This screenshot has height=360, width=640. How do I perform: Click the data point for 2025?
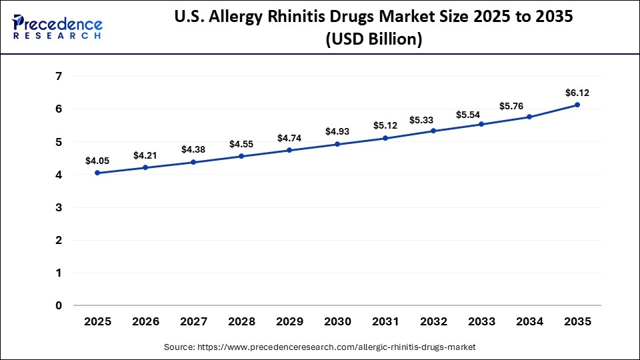(97, 173)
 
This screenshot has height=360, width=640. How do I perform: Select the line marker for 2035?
(577, 105)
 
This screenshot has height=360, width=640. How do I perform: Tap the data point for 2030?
(337, 144)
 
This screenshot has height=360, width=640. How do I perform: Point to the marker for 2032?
(433, 131)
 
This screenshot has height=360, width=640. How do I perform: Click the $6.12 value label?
(577, 93)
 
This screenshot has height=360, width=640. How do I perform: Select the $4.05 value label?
(97, 161)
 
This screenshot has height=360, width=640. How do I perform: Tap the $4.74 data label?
(289, 139)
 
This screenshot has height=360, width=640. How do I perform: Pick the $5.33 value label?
(433, 120)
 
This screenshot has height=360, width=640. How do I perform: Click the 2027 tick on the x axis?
(193, 321)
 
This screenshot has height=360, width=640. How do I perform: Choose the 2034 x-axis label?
(529, 321)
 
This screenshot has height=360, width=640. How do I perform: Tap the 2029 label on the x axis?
(289, 321)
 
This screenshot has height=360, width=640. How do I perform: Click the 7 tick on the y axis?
(59, 77)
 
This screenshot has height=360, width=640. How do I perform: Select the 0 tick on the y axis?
(59, 306)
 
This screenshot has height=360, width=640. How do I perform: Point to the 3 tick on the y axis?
(59, 208)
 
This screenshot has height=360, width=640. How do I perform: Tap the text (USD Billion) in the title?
(373, 39)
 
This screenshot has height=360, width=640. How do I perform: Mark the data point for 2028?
(241, 156)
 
